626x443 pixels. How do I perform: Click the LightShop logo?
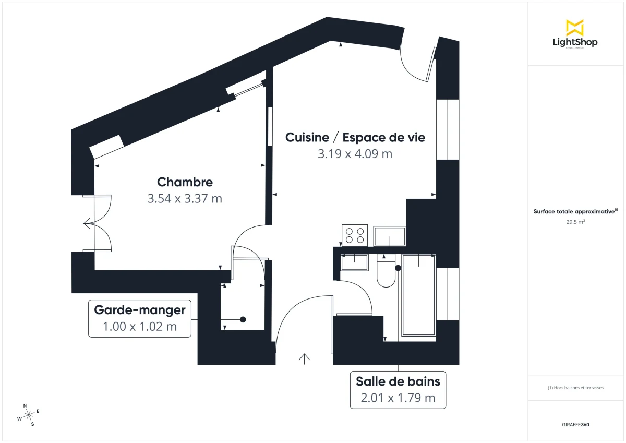[575, 34]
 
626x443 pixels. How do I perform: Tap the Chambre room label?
[185, 182]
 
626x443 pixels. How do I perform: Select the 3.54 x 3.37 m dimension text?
[185, 199]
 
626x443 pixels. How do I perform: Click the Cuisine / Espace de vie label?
[355, 137]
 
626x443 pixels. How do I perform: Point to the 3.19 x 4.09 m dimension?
[355, 154]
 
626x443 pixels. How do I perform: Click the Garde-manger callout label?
[140, 310]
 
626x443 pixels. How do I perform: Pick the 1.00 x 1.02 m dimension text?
[140, 327]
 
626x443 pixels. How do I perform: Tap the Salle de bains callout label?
[398, 381]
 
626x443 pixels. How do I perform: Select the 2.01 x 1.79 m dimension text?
[398, 398]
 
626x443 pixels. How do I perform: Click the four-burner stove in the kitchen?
[354, 235]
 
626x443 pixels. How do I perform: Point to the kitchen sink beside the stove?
[390, 236]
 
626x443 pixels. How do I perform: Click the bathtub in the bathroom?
[417, 295]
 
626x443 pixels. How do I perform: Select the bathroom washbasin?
[354, 261]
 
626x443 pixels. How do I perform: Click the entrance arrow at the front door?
[304, 358]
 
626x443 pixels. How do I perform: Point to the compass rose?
[28, 415]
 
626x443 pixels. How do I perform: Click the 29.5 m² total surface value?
[575, 222]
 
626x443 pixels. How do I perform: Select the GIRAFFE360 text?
[575, 425]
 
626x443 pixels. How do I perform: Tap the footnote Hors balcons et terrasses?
[575, 388]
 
